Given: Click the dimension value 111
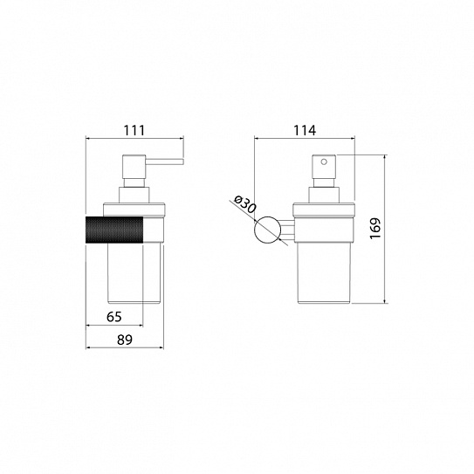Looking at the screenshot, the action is point(134,131).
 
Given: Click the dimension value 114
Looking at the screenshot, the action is point(305,131).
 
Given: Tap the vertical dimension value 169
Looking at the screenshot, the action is point(375,228).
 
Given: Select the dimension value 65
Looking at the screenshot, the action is point(114,317).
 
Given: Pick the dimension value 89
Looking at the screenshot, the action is point(125,340).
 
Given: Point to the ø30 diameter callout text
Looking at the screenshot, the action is point(245,204).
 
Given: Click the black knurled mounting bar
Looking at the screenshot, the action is point(114,230).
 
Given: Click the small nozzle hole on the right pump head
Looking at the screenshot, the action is point(324,162).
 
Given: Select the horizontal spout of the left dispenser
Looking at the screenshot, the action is point(164,161).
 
